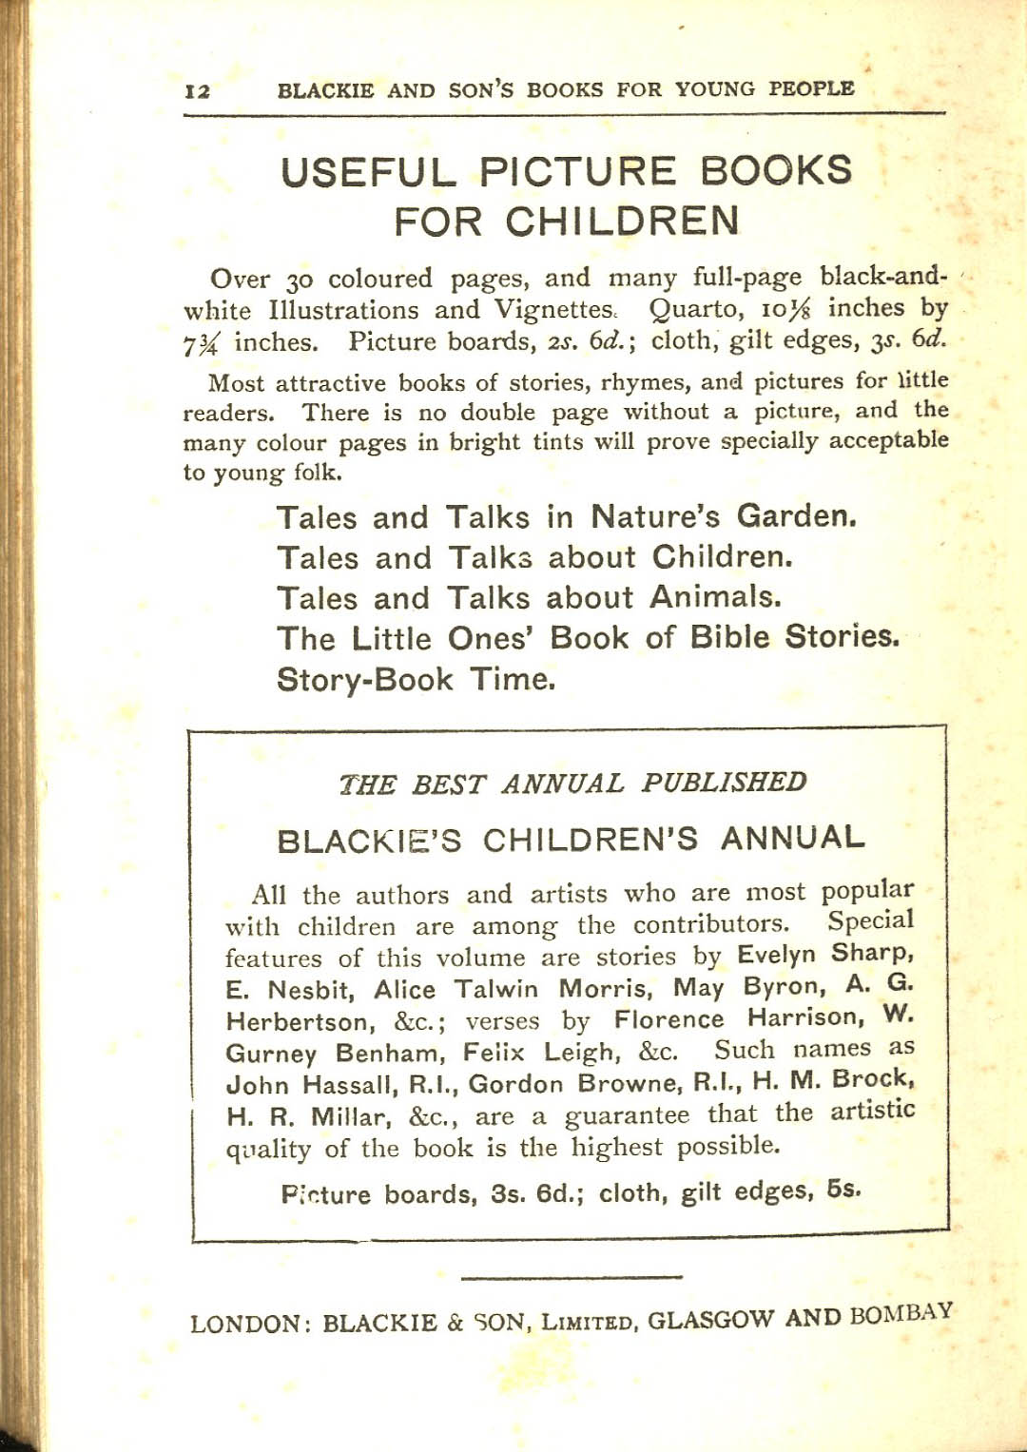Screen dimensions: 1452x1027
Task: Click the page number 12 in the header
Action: [198, 91]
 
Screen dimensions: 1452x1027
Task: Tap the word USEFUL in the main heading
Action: [368, 173]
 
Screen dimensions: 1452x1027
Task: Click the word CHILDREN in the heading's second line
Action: [622, 222]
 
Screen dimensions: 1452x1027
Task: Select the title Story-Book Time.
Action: [416, 680]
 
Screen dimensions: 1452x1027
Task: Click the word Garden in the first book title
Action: [796, 516]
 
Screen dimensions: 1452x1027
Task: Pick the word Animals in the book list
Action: [715, 597]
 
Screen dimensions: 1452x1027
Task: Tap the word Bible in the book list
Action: [729, 637]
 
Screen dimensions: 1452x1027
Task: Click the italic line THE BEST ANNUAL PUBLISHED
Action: [572, 784]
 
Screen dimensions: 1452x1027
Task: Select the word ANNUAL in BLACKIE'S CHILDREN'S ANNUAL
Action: [793, 838]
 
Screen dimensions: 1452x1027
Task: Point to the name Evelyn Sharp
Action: [825, 954]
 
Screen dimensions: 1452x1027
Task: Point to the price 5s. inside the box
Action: [843, 1190]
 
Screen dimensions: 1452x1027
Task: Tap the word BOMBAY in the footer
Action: [901, 1314]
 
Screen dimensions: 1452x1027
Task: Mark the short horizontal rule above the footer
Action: [572, 1277]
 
